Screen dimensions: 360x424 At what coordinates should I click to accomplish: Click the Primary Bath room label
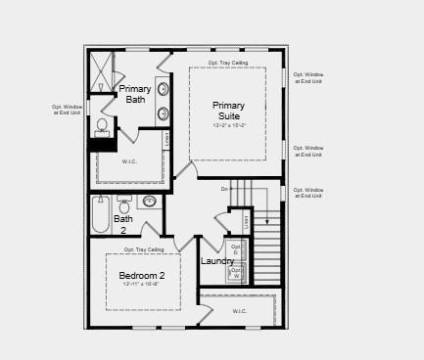tap(135, 94)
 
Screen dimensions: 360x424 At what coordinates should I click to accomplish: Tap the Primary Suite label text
tap(228, 111)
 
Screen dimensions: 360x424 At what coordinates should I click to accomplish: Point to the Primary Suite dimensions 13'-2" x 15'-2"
tap(228, 126)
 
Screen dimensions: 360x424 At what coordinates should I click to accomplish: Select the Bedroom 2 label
tap(142, 275)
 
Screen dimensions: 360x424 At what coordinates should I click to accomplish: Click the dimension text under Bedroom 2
tap(142, 285)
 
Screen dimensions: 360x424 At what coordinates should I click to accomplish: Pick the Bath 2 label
tap(123, 224)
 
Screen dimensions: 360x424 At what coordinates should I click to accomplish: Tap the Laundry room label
tap(217, 261)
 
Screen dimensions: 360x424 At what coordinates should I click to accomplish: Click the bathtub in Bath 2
tap(101, 215)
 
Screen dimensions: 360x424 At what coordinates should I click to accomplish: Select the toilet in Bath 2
tap(124, 204)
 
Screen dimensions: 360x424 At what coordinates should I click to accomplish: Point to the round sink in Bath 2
tap(149, 202)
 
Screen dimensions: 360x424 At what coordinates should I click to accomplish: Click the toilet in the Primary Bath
tap(102, 126)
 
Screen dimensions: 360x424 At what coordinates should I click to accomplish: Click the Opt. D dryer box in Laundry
tap(235, 249)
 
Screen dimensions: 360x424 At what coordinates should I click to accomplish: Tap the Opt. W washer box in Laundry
tap(235, 274)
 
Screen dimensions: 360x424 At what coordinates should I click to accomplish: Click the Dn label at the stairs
tap(224, 188)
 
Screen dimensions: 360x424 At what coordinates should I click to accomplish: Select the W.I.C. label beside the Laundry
tap(240, 311)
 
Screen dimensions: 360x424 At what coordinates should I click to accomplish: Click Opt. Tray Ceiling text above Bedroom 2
tap(144, 250)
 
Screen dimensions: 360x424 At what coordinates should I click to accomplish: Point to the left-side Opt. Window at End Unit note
tap(67, 111)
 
